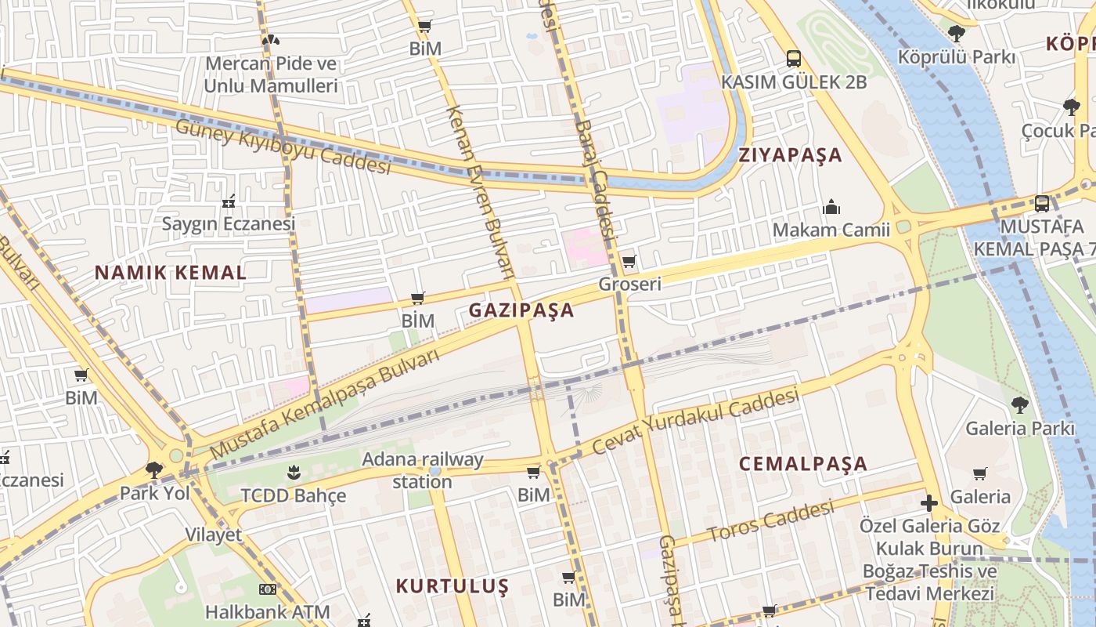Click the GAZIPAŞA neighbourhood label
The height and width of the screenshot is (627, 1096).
click(x=521, y=310)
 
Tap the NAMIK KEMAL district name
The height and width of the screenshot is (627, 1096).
click(x=171, y=273)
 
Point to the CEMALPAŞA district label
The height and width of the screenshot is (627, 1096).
click(x=803, y=463)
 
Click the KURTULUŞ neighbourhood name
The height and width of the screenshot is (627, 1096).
click(x=452, y=586)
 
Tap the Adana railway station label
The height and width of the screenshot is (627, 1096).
click(x=423, y=470)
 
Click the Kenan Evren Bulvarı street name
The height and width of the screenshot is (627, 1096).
click(x=479, y=192)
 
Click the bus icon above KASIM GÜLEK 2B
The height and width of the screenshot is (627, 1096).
click(x=794, y=58)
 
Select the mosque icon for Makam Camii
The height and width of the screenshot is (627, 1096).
click(x=831, y=207)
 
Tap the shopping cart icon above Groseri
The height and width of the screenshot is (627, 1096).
click(x=629, y=261)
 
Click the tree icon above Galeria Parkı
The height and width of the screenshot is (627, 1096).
click(x=1019, y=405)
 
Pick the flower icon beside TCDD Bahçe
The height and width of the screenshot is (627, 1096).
click(x=294, y=472)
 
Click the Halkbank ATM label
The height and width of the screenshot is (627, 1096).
click(x=267, y=611)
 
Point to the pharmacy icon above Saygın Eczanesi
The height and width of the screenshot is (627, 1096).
click(x=229, y=201)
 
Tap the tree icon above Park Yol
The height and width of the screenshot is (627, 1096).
click(x=154, y=469)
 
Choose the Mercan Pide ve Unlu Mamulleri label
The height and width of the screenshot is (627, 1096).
click(x=271, y=74)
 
